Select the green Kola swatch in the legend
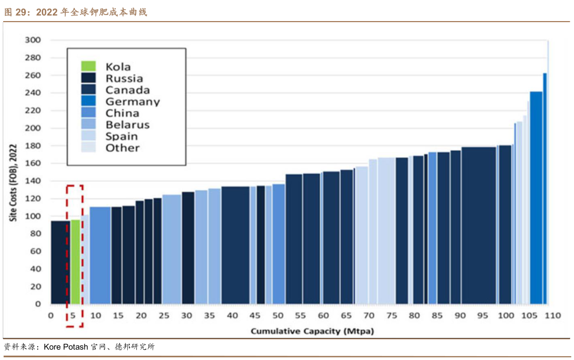point(88,66)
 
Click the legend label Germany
point(133,101)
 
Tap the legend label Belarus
point(128,124)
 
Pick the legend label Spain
point(121,136)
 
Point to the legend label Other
point(122,148)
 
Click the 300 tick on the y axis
point(33,40)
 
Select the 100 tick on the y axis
point(33,216)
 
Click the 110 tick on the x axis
point(554,315)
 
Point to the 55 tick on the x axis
point(301,315)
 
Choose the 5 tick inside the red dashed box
point(73,315)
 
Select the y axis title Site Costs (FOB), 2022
point(13,183)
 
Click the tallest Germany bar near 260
point(545,189)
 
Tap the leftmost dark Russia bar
point(60,262)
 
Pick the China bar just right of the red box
point(100,255)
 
